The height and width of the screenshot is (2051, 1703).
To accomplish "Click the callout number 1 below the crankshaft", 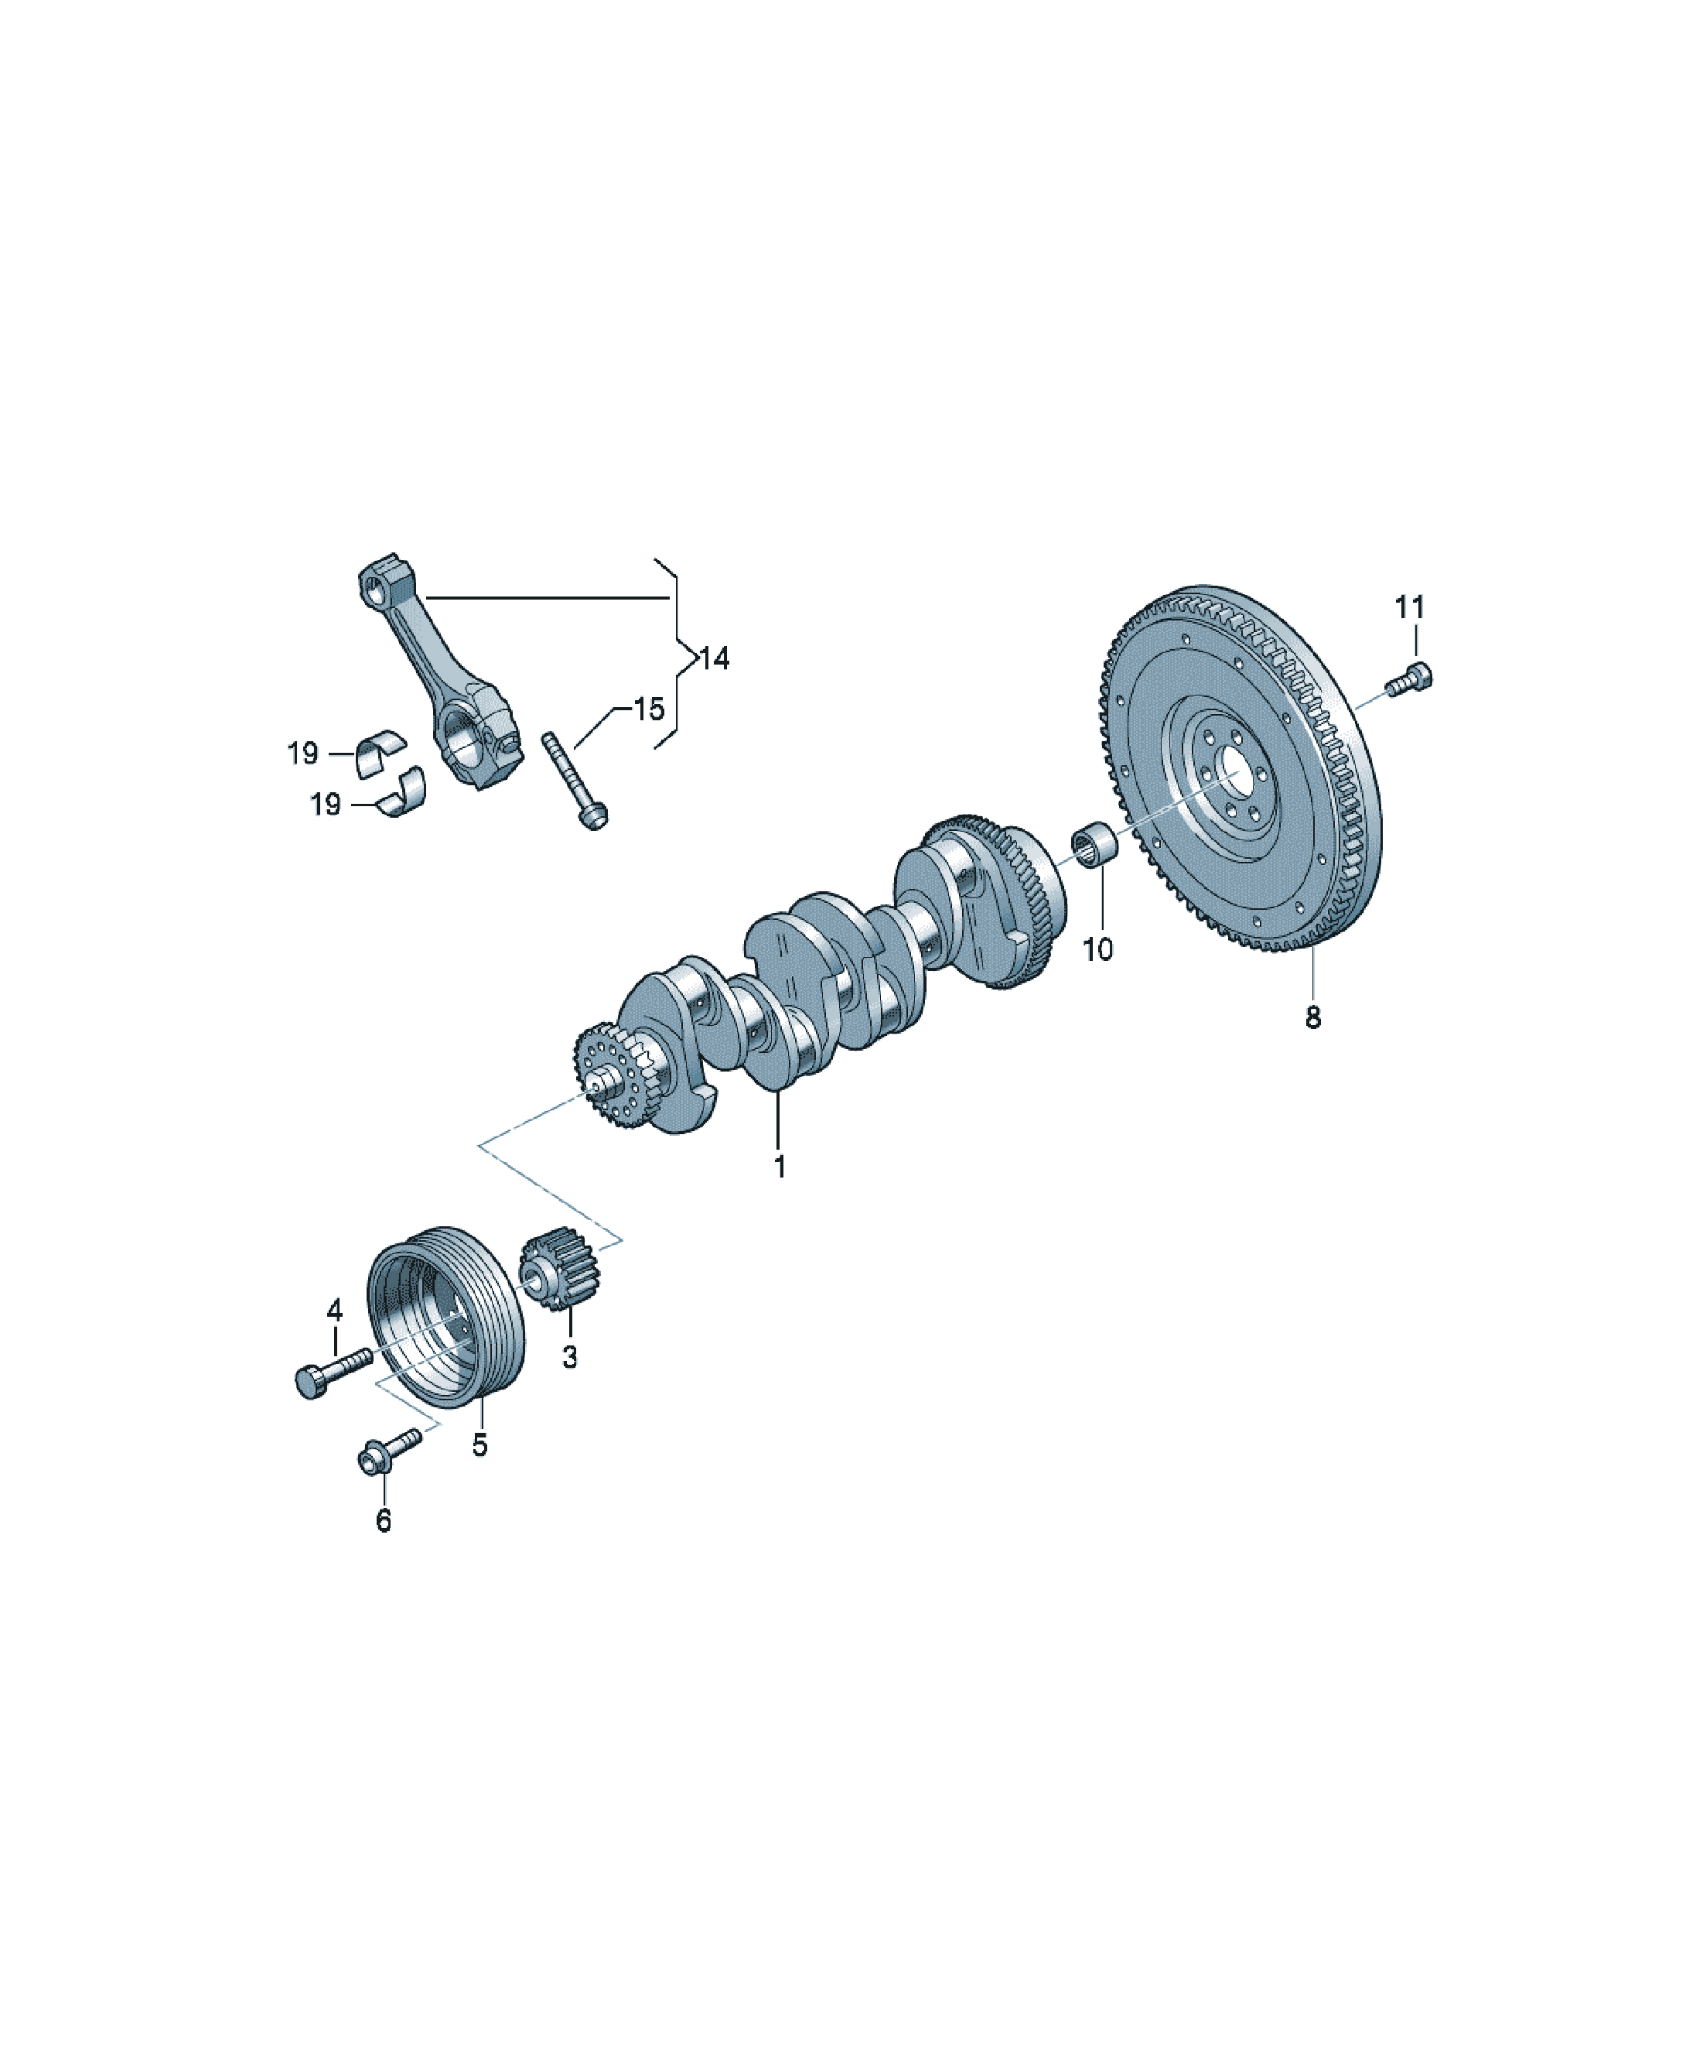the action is [780, 1166].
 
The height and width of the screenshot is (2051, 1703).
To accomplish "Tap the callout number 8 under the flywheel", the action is [1313, 1017].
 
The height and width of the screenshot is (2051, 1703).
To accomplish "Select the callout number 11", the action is [1409, 607].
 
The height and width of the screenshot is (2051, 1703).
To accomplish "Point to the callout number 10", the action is [1097, 949].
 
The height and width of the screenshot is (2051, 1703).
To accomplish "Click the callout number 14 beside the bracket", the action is [714, 659].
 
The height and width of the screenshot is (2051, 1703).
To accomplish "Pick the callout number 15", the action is [650, 709].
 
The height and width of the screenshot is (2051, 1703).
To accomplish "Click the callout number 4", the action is [335, 1310].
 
